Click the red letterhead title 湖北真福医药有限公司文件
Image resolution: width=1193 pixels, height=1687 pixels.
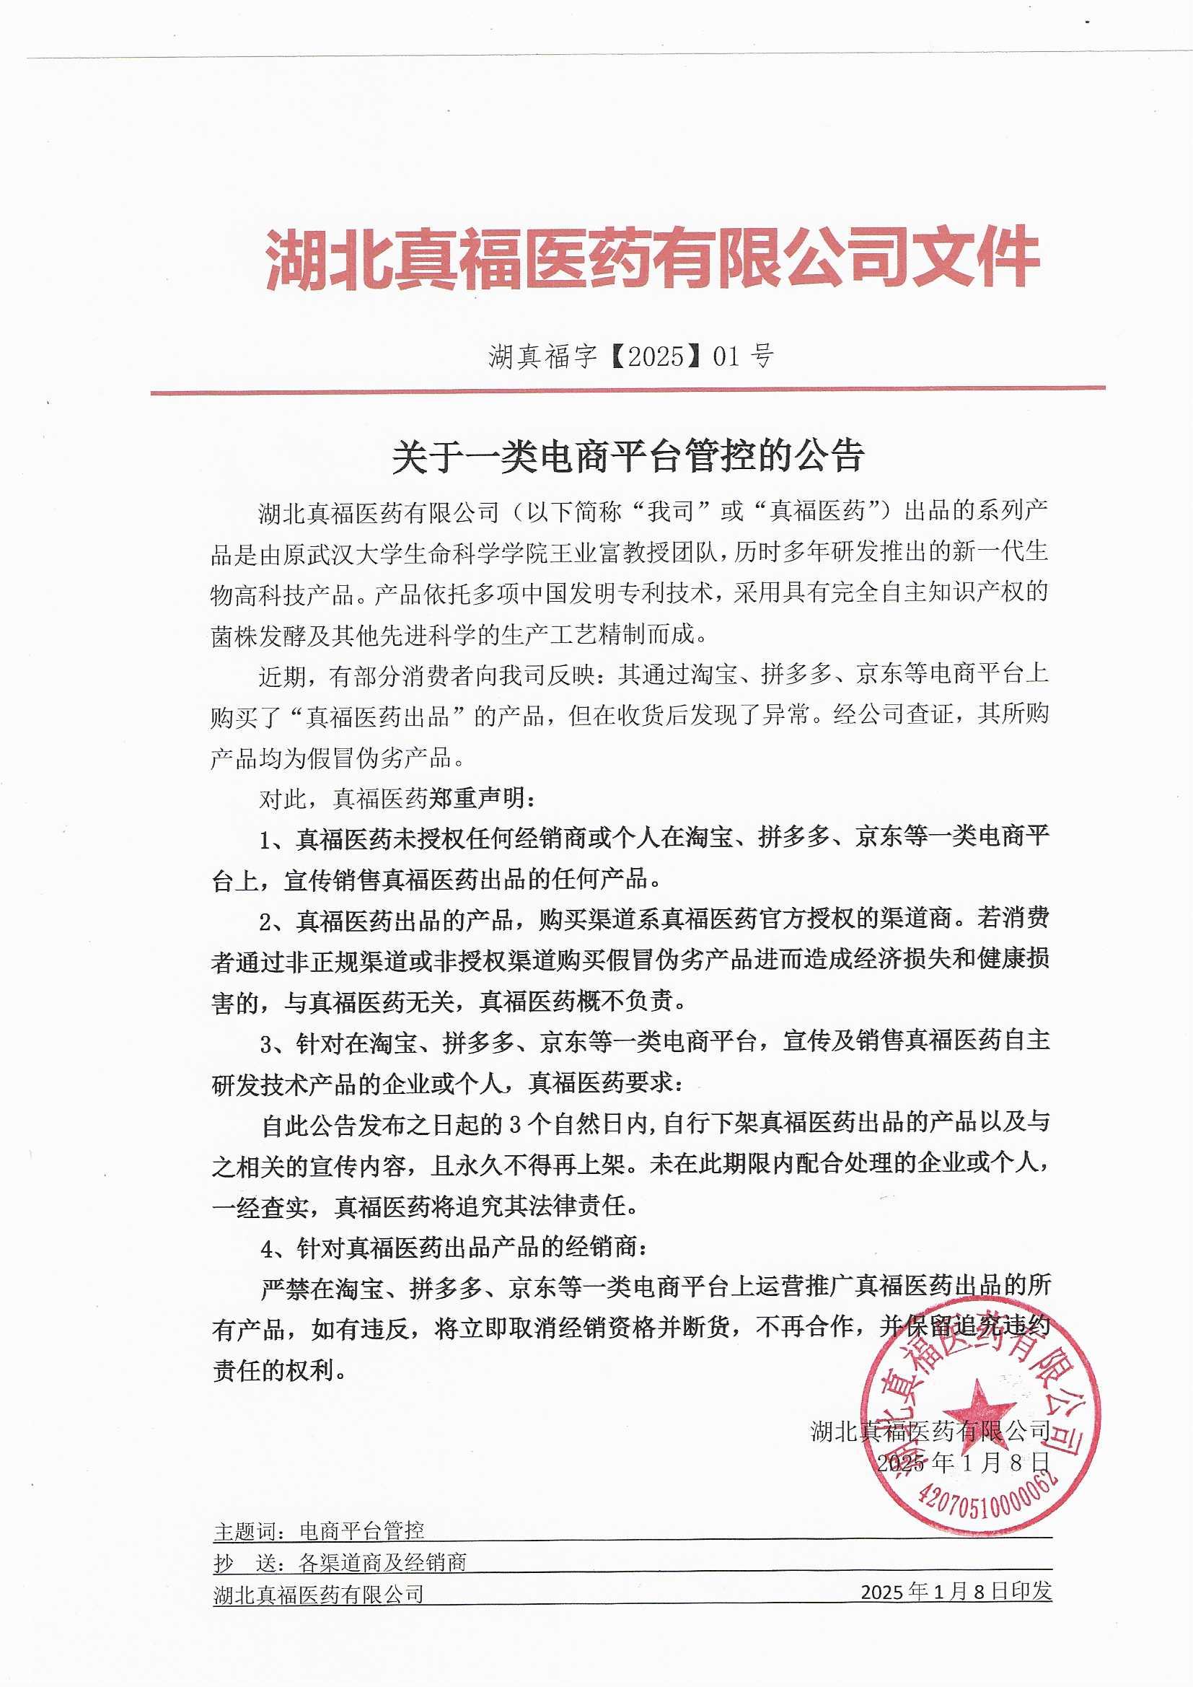tap(651, 258)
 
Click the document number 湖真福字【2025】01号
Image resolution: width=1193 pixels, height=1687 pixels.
tap(631, 356)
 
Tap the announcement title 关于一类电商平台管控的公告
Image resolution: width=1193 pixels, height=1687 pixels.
tap(628, 456)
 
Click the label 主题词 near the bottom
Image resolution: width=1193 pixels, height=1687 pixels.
tap(244, 1530)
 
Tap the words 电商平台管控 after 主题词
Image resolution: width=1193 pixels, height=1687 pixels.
tap(361, 1530)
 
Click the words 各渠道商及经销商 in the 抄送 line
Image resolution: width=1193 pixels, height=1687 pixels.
tap(383, 1563)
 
